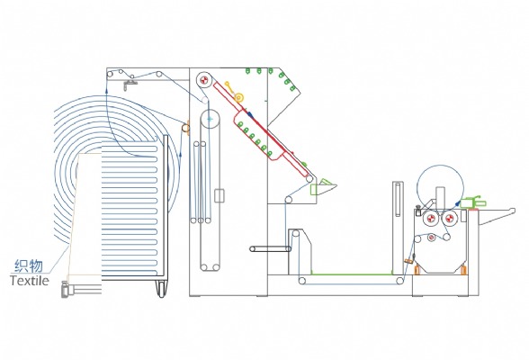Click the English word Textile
pos(30,281)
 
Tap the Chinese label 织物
pos(29,265)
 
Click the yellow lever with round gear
pos(235,92)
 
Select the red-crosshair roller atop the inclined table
pos(203,80)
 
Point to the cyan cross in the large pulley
pos(210,119)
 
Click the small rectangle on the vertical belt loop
pos(220,195)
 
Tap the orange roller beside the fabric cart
pos(185,128)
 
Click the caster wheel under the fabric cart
pos(162,289)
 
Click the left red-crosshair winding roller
pos(430,219)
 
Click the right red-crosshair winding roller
pos(449,219)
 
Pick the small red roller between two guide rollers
pos(432,238)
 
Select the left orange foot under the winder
pos(417,270)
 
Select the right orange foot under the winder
pos(463,270)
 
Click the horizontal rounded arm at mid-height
pos(270,249)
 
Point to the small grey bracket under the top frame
pos(130,85)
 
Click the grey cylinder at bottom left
pos(65,289)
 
